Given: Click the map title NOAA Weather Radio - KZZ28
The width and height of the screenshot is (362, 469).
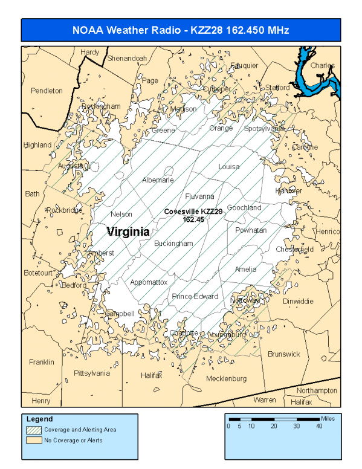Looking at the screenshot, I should [181, 30].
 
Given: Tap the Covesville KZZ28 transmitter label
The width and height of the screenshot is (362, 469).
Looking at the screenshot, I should [193, 215].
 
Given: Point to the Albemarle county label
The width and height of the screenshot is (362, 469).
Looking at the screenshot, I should [158, 180].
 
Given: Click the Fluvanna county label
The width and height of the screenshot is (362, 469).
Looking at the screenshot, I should [199, 196].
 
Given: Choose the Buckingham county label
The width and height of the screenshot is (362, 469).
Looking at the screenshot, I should [173, 244].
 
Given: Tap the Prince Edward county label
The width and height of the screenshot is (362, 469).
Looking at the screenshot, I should [195, 296].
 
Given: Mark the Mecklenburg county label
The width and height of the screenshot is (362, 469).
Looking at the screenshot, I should [226, 379].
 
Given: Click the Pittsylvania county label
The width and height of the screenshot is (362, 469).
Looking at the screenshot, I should [92, 374].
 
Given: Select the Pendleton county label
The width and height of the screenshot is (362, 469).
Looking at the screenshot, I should [47, 91].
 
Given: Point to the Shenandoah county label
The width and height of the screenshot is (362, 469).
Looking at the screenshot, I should [127, 58].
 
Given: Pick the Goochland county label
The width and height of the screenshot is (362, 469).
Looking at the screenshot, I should [244, 208].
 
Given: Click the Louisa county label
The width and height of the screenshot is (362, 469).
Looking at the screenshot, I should [228, 167].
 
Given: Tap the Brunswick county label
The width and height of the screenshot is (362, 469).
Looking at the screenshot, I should [283, 354].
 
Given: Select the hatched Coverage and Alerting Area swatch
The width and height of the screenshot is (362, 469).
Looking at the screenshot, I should [34, 430].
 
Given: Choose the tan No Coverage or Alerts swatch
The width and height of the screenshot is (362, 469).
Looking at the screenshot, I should [34, 440].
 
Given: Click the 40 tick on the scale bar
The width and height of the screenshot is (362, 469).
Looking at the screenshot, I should [319, 426].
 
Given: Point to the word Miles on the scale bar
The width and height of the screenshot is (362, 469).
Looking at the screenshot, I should [328, 418].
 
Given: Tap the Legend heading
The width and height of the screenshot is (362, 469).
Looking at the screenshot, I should [40, 419].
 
